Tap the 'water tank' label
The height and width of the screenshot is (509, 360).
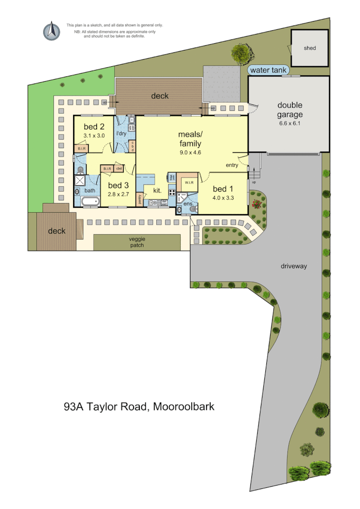pos(268,71)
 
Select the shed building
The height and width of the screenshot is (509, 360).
pos(310,48)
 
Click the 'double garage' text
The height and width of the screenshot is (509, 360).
pos(290,110)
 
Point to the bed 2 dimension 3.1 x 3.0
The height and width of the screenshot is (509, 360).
pos(94,136)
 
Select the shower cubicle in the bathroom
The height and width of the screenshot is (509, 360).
pos(80,181)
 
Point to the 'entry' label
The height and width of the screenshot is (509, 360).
pos(232,165)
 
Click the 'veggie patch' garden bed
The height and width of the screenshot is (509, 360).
pos(137,242)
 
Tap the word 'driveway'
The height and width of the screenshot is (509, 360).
pos(294,266)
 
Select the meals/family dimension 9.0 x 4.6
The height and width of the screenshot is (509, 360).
pos(190,152)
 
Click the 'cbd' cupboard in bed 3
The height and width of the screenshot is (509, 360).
pos(118,168)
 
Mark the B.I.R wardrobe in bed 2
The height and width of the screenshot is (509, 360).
pos(81,149)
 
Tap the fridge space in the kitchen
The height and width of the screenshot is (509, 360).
pos(172,177)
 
